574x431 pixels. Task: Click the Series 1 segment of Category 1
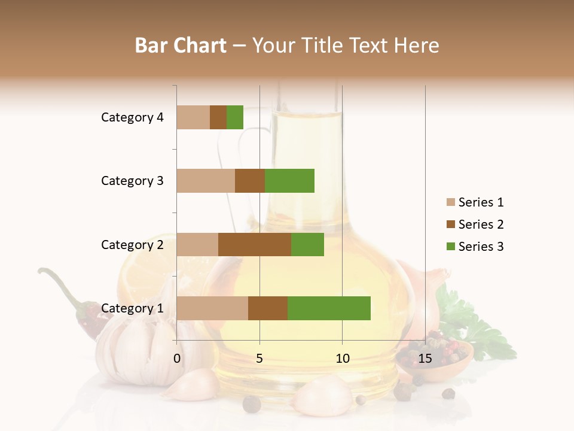[212, 308]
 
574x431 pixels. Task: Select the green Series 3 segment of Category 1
[329, 308]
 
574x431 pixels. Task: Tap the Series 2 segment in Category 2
[255, 244]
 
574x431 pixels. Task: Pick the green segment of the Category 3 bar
[289, 181]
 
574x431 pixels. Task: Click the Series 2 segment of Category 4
[218, 117]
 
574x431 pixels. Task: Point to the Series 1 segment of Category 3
[206, 181]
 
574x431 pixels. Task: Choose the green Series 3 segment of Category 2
[307, 244]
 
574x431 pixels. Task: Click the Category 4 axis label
[132, 117]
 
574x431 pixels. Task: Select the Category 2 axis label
[132, 244]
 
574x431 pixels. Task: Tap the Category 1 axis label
[132, 308]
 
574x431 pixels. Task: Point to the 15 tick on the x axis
[425, 359]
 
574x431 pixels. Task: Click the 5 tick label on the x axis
[259, 359]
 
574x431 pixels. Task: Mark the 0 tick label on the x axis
[177, 359]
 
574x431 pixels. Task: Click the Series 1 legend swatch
[450, 202]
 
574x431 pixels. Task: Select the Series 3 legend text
[481, 247]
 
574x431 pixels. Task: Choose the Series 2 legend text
[481, 224]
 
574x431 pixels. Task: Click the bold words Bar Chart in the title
[181, 45]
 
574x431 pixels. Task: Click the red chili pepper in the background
[87, 314]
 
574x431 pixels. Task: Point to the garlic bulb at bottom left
[135, 347]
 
